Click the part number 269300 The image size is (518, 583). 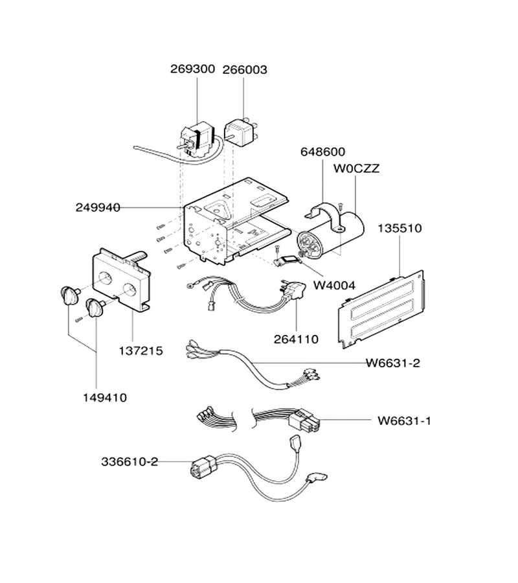[x=192, y=69]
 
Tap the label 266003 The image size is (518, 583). [x=245, y=70]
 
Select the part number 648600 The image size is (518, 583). [x=322, y=152]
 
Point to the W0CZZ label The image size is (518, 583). [x=356, y=168]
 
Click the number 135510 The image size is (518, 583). [x=400, y=228]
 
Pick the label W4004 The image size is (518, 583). [x=334, y=285]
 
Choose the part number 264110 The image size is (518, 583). [x=296, y=339]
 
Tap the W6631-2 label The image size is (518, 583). [x=393, y=363]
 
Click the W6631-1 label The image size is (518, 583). [x=404, y=421]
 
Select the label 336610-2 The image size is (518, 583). [x=129, y=462]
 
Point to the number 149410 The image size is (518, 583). [x=105, y=398]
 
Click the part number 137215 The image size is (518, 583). [x=141, y=350]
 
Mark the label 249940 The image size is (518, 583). [x=98, y=207]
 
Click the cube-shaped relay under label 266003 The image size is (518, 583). [x=239, y=132]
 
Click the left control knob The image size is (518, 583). [x=69, y=295]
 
